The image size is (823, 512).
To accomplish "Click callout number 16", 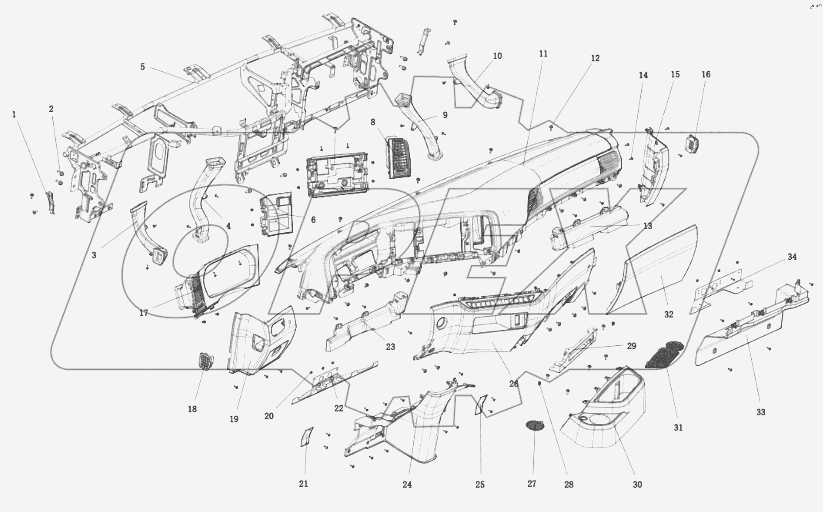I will (706, 74).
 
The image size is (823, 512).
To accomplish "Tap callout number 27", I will (532, 484).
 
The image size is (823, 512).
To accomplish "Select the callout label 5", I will (142, 67).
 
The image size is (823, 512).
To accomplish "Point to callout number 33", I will (760, 412).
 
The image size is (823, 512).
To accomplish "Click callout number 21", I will (303, 484).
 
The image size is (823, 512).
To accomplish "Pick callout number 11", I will (543, 54).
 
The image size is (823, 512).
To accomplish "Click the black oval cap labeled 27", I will (535, 425).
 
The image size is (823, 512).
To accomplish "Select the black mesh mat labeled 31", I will (663, 355).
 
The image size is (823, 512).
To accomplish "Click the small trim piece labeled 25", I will (482, 404).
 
